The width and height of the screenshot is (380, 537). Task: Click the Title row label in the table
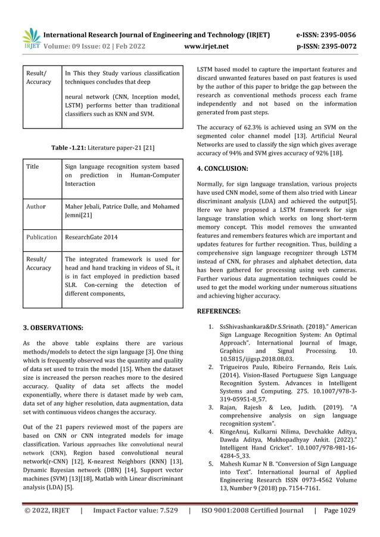32,167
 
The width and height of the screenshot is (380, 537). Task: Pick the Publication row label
41,236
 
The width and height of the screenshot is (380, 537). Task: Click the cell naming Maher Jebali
122,211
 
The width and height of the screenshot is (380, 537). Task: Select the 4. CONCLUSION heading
222,168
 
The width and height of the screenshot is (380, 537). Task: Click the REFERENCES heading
219,310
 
